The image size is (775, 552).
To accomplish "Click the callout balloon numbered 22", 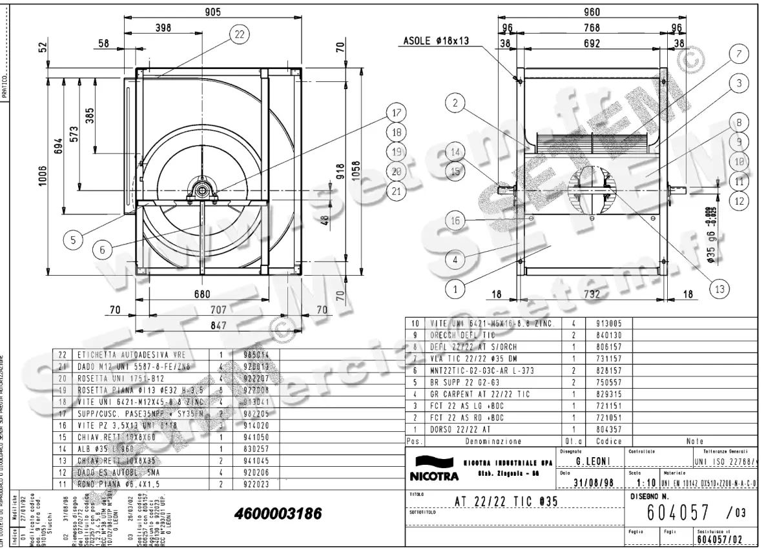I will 239,36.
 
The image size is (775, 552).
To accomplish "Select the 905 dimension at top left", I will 213,12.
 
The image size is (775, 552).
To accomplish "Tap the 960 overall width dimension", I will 592,12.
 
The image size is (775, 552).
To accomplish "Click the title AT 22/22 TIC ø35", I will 506,502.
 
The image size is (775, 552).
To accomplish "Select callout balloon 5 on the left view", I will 74,240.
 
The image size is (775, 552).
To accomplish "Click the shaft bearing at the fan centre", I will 201,189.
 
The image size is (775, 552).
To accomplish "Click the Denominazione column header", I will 493,442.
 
